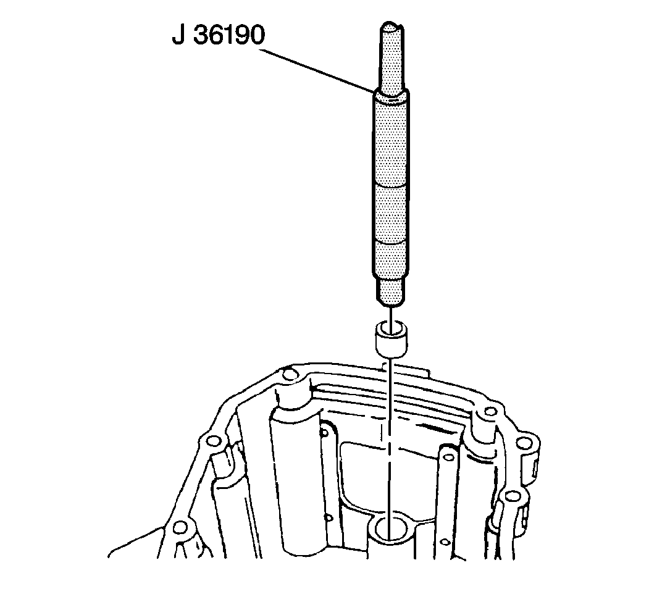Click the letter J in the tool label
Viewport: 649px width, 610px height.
pyautogui.click(x=178, y=35)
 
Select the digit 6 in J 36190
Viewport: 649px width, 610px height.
pyautogui.click(x=216, y=35)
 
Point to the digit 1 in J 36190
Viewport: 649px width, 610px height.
pyautogui.click(x=228, y=35)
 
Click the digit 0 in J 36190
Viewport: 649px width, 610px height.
pyautogui.click(x=257, y=35)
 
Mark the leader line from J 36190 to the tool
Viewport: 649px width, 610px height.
pyautogui.click(x=317, y=70)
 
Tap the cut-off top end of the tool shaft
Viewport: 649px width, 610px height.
pyautogui.click(x=391, y=27)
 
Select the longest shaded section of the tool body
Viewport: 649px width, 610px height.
pyautogui.click(x=391, y=141)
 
